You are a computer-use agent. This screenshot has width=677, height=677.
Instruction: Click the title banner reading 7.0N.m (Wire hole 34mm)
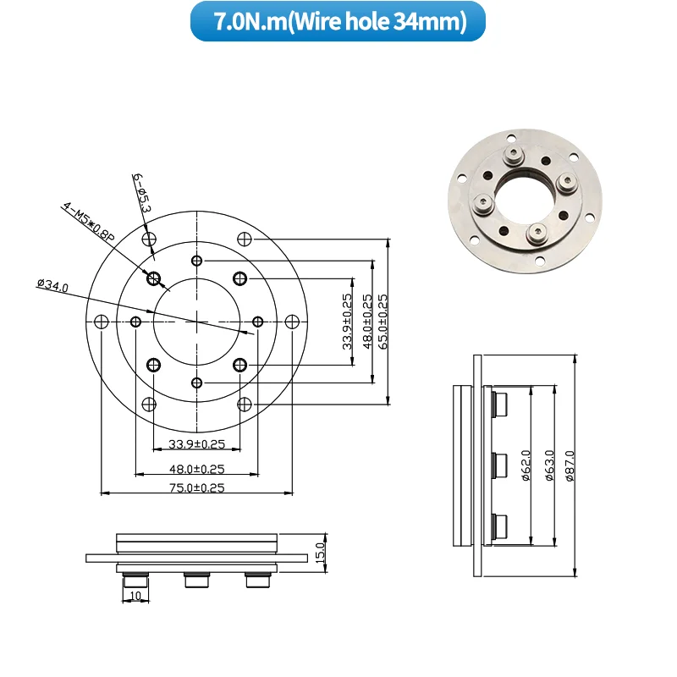coord(338,21)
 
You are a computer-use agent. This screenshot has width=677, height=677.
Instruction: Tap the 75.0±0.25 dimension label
coord(196,487)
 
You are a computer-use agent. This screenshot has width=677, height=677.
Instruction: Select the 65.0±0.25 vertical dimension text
coord(383,321)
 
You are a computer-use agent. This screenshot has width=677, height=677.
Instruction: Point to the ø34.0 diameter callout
coord(52,284)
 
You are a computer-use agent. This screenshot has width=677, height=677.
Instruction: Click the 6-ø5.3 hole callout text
coord(141,192)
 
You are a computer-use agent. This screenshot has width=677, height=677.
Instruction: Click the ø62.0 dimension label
coord(526,465)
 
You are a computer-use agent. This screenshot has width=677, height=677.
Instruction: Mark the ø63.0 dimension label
coord(548,465)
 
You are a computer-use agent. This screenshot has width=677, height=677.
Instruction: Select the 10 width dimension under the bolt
coord(135,596)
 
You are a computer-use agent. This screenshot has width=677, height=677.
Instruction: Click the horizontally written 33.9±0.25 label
coord(196,444)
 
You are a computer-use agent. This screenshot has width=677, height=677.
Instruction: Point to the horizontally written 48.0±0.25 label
coord(196,468)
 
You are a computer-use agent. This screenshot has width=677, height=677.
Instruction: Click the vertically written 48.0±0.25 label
coord(367,321)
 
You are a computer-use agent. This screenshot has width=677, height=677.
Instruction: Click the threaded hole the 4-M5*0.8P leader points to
coord(154,278)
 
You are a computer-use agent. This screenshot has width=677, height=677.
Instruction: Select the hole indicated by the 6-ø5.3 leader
coord(149,239)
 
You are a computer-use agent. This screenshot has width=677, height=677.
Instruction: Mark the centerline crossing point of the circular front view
coord(196,322)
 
